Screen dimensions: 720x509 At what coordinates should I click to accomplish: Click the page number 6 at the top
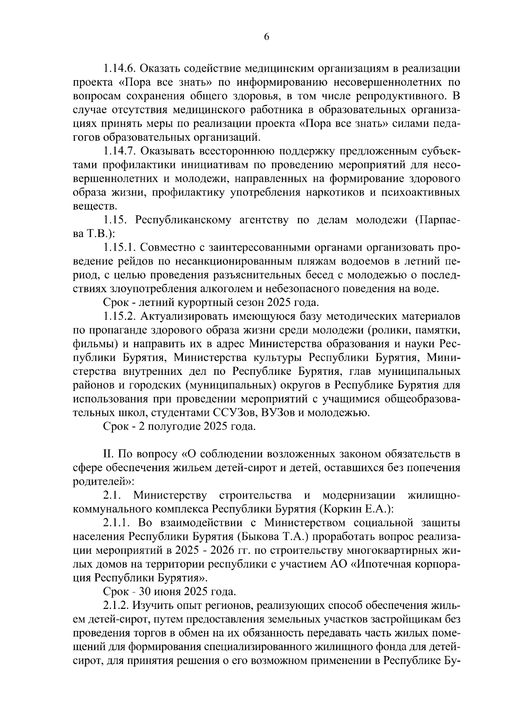pyautogui.click(x=266, y=37)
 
